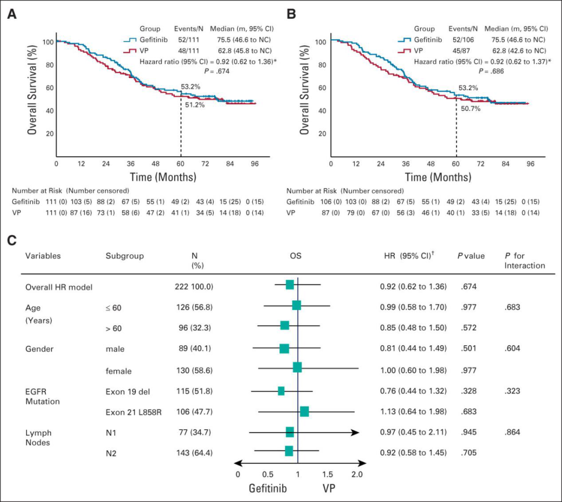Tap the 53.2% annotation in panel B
468,89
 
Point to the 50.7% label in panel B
470,108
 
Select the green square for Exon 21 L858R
304,412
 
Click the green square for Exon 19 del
281,391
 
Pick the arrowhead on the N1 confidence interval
355,432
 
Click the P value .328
469,391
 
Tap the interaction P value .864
514,432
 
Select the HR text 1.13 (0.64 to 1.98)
413,412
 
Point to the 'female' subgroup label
119,371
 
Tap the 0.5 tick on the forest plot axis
267,474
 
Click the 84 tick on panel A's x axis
231,164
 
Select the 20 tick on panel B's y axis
322,133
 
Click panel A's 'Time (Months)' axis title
156,178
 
